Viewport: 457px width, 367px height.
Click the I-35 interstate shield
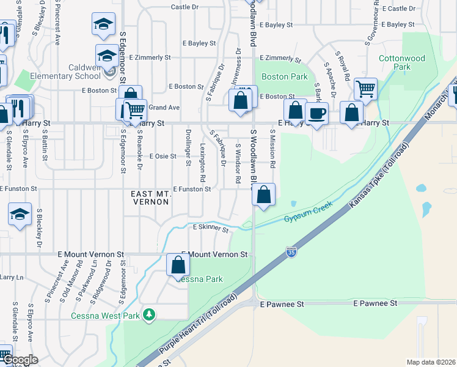click(291, 251)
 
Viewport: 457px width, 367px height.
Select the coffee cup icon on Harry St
click(316, 113)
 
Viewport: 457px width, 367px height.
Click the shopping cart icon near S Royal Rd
click(365, 89)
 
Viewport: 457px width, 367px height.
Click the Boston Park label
click(284, 76)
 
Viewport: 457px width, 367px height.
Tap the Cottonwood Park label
click(402, 62)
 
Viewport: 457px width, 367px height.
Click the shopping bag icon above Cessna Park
click(178, 265)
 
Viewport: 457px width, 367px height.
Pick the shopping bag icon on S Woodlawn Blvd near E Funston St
click(263, 195)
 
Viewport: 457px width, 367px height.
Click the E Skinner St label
click(210, 228)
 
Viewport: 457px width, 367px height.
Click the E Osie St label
click(162, 157)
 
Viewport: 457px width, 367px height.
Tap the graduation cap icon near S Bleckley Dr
click(20, 215)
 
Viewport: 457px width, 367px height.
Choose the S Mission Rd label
click(272, 149)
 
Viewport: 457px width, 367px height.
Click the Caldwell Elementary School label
click(73, 71)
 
